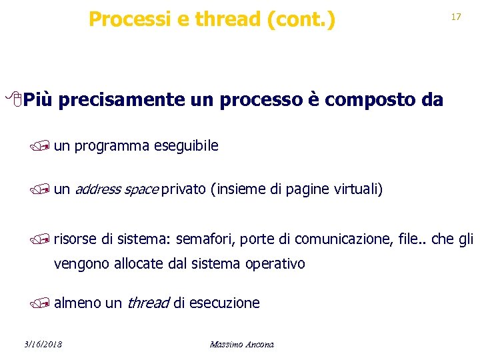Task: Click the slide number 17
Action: pyautogui.click(x=456, y=17)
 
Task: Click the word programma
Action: pyautogui.click(x=112, y=146)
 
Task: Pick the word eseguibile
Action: pyautogui.click(x=187, y=146)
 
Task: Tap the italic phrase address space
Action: pyautogui.click(x=116, y=190)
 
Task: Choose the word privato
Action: pyautogui.click(x=183, y=190)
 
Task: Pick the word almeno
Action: pyautogui.click(x=77, y=303)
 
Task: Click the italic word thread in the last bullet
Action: pyautogui.click(x=147, y=303)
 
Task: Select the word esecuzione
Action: pyautogui.click(x=225, y=303)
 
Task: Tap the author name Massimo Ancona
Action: pyautogui.click(x=241, y=345)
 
